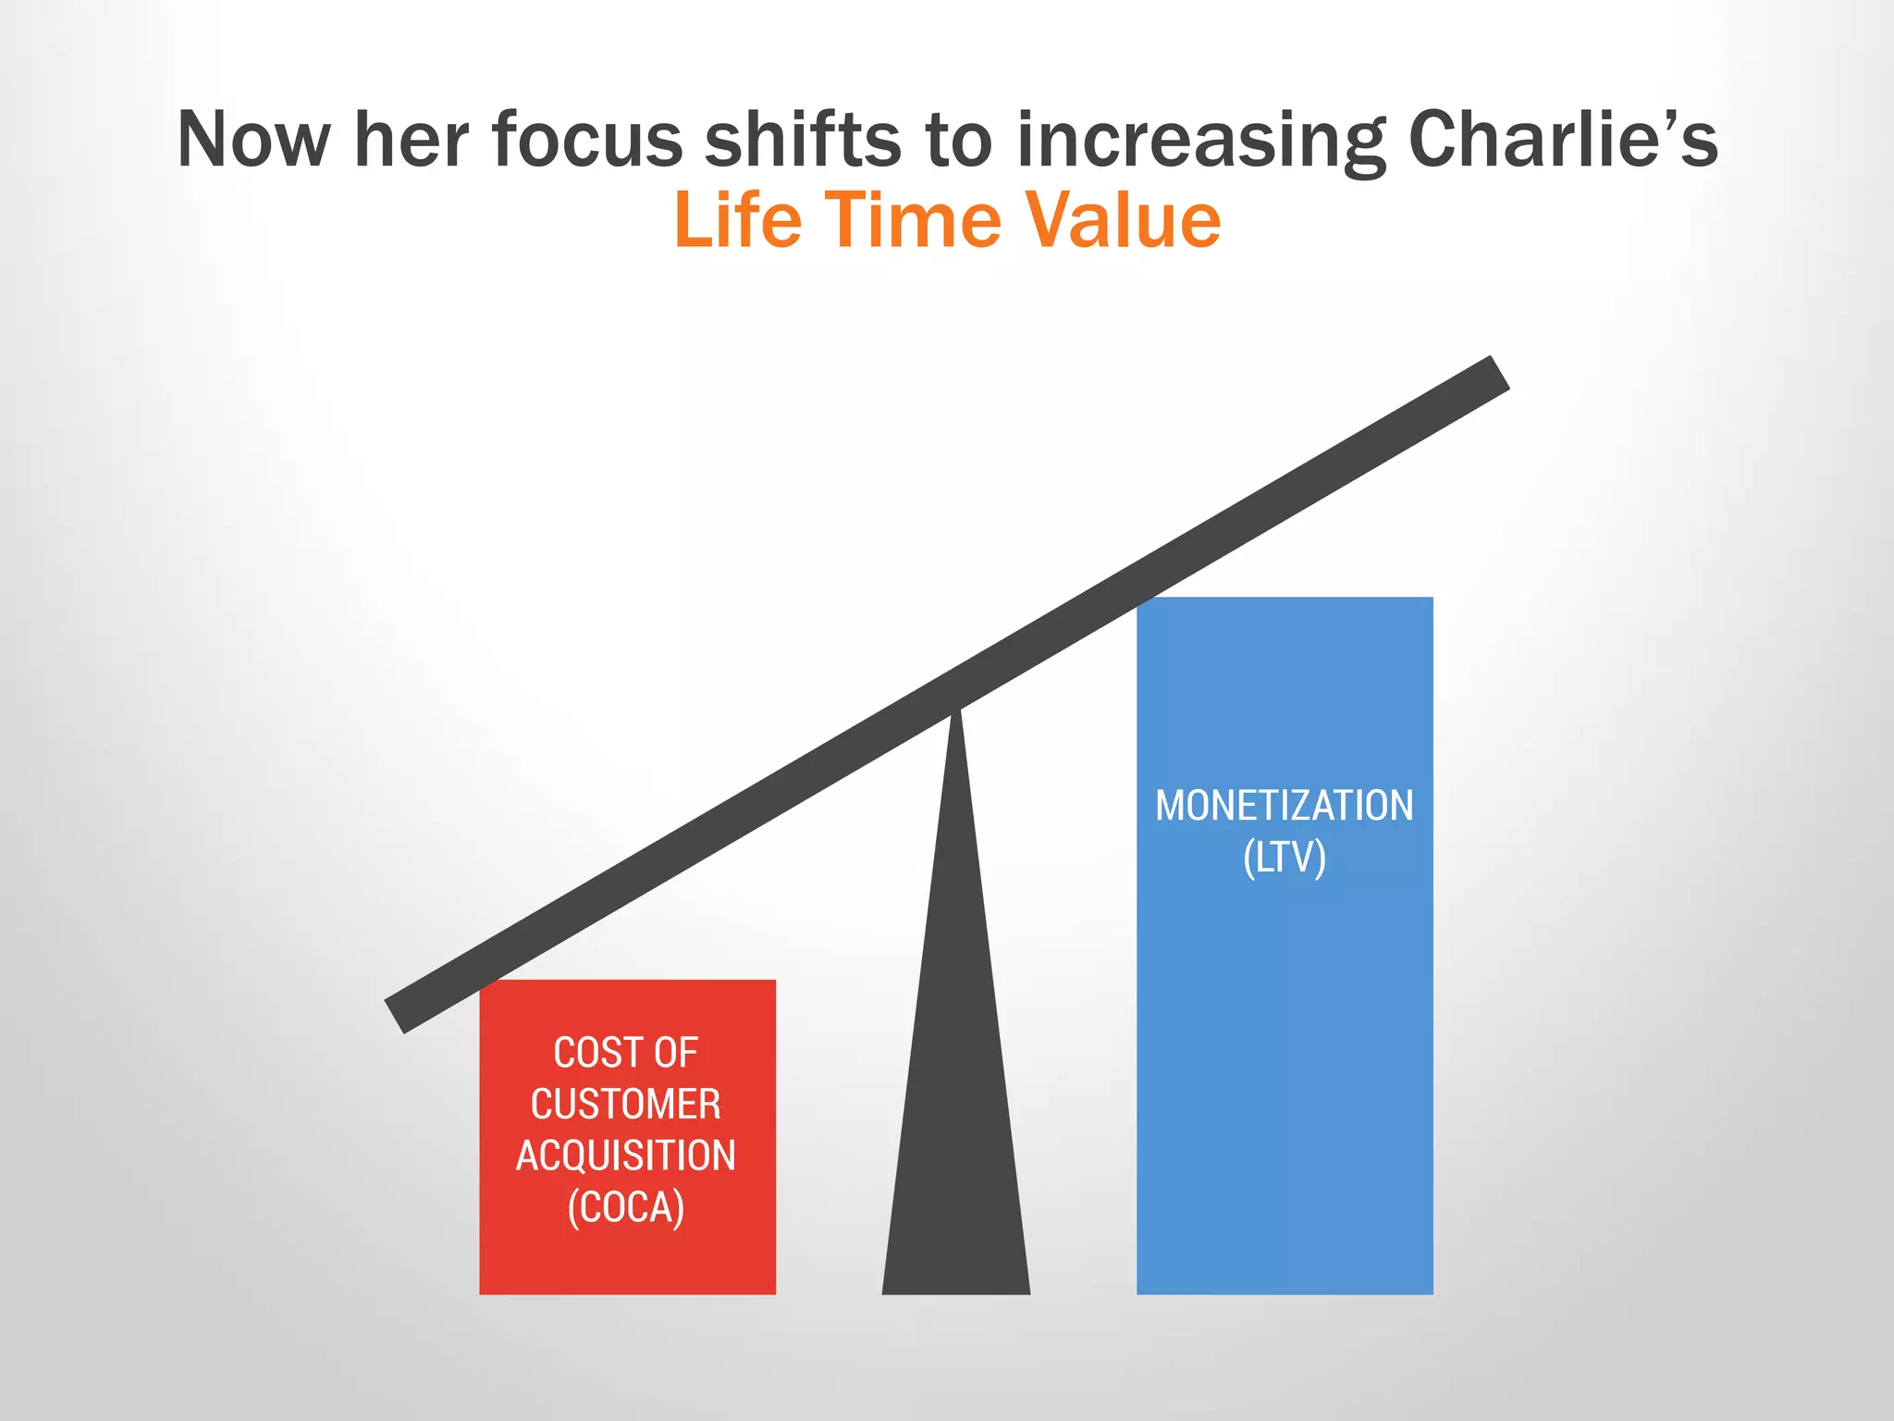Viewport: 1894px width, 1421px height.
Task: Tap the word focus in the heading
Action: (587, 141)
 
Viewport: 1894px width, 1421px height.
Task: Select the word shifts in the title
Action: (802, 141)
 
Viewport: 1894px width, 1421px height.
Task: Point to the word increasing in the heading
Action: (1201, 141)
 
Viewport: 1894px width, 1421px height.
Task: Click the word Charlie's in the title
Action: (1562, 141)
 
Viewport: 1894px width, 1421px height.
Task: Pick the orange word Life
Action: (738, 221)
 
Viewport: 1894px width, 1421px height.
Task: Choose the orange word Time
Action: (913, 221)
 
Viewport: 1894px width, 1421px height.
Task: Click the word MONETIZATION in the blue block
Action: (1285, 806)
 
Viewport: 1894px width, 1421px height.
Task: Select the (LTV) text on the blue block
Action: (1285, 858)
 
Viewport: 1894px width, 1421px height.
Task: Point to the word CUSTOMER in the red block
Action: (626, 1105)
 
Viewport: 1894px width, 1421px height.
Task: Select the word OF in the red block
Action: (676, 1053)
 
